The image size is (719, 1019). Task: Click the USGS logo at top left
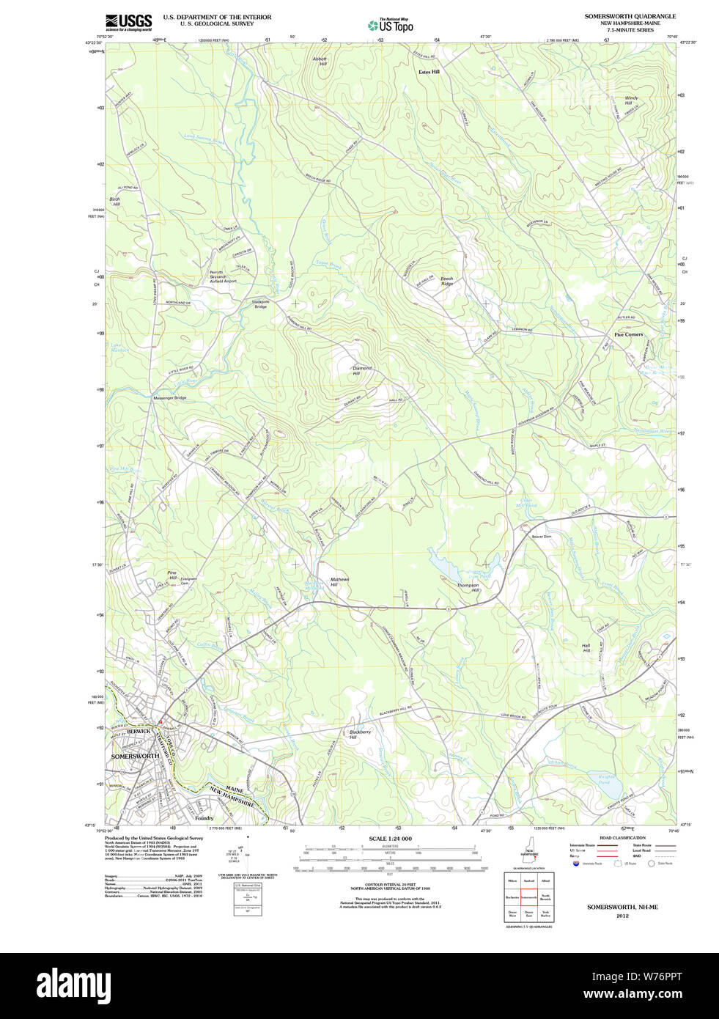128,22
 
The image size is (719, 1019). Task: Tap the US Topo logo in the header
391,25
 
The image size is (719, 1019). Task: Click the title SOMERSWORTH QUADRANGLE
630,16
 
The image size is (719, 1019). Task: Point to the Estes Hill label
429,72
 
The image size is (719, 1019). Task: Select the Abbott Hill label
320,62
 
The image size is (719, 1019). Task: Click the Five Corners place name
628,334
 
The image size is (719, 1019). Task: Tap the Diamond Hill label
362,371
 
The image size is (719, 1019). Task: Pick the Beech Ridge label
446,281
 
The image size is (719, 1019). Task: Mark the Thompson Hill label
468,587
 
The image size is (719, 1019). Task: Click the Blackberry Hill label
360,735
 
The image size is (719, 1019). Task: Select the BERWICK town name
139,731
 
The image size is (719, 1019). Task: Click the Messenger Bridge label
169,398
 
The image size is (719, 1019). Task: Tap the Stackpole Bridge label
260,304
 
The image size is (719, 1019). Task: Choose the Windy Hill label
630,100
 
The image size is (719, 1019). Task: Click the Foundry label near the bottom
204,818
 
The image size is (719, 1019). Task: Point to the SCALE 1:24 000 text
390,839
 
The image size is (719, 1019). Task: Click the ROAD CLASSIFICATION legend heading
622,838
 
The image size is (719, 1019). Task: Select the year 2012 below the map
622,916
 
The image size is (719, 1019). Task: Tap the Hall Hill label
586,648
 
